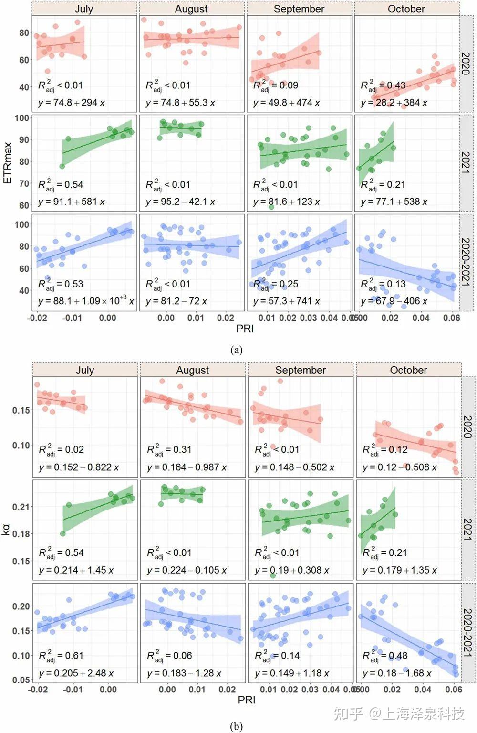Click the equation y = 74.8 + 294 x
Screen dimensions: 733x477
(x=72, y=103)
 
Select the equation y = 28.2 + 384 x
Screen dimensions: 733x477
(x=394, y=103)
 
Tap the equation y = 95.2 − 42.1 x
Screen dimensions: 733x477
(x=180, y=202)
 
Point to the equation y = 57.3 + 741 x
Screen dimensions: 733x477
(x=287, y=301)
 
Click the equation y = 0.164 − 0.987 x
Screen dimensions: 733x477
(x=187, y=467)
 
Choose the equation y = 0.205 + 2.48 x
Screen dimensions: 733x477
(x=76, y=673)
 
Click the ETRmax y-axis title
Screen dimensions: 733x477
(x=8, y=162)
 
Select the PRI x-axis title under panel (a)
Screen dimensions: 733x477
(x=245, y=329)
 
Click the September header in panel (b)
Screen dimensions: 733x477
(x=301, y=370)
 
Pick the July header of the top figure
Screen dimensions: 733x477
(x=84, y=9)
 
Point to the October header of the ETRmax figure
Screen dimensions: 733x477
(x=406, y=9)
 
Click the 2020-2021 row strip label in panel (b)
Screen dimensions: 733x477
(x=468, y=632)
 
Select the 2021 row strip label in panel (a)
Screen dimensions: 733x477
(x=466, y=162)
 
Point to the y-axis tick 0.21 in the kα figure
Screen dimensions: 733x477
(x=21, y=507)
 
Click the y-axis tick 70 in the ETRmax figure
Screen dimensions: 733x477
(x=24, y=183)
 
